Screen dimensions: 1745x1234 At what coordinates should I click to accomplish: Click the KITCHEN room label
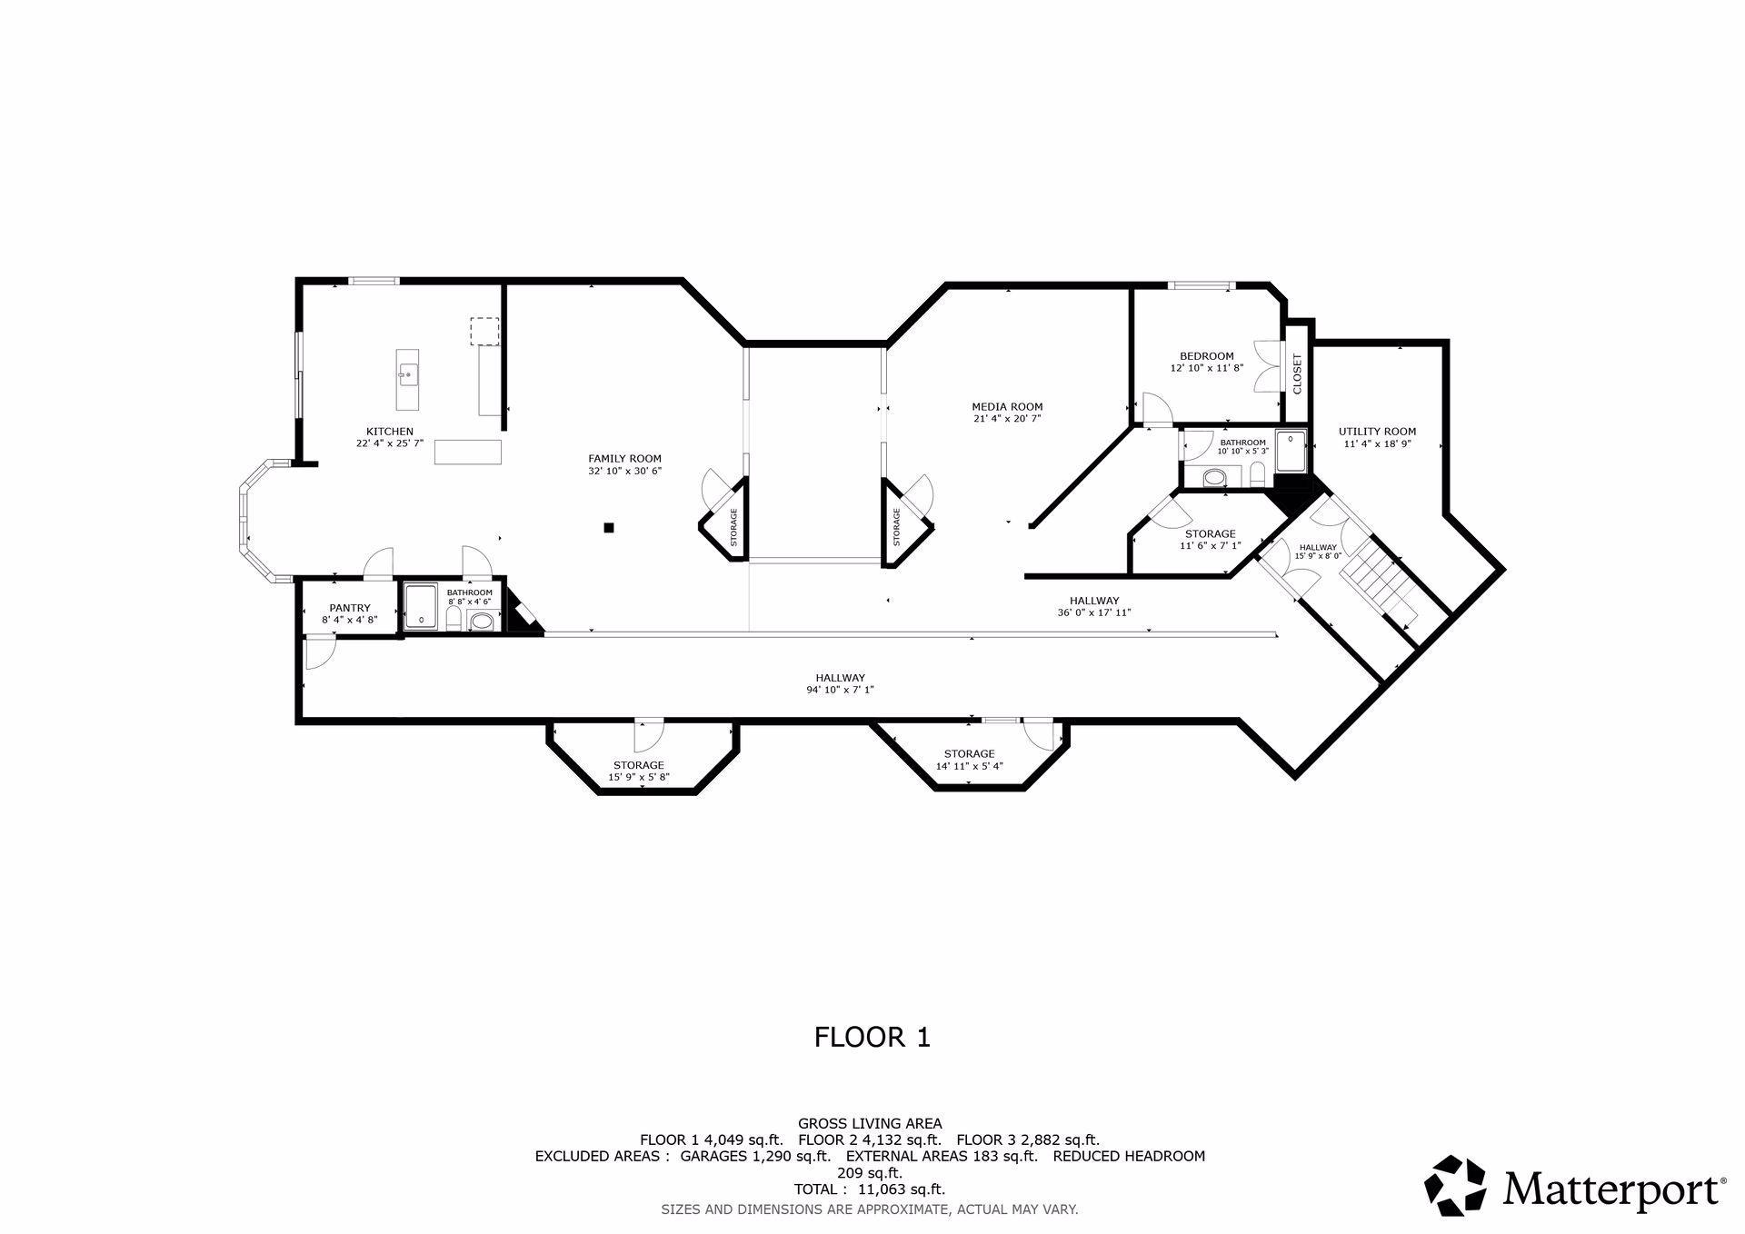click(x=390, y=432)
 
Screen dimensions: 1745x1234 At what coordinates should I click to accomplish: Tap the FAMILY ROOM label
click(x=624, y=459)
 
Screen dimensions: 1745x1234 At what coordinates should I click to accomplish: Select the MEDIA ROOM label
click(x=1007, y=407)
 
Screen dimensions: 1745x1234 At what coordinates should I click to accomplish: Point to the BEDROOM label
click(x=1207, y=356)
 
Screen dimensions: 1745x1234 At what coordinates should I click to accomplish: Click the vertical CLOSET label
click(x=1297, y=373)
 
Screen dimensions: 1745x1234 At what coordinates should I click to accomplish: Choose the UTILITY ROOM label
click(x=1377, y=432)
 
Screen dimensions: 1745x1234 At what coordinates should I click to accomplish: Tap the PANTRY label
click(x=350, y=608)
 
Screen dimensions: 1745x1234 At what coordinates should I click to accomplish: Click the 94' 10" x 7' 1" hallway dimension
click(x=840, y=690)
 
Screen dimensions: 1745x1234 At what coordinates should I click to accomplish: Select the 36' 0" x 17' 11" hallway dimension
click(x=1094, y=612)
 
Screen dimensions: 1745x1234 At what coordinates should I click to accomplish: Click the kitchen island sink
click(x=408, y=373)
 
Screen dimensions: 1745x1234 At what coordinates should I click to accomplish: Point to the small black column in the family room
click(x=610, y=527)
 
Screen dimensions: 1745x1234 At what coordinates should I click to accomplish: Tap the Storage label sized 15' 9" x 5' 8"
click(x=639, y=765)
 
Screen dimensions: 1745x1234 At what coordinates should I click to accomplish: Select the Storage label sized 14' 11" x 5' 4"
click(x=969, y=753)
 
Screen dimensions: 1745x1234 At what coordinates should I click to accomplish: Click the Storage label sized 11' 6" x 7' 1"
click(x=1210, y=533)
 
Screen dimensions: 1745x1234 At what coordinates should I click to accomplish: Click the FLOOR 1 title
click(x=872, y=1037)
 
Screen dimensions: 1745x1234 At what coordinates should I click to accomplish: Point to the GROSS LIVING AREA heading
click(x=870, y=1124)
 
